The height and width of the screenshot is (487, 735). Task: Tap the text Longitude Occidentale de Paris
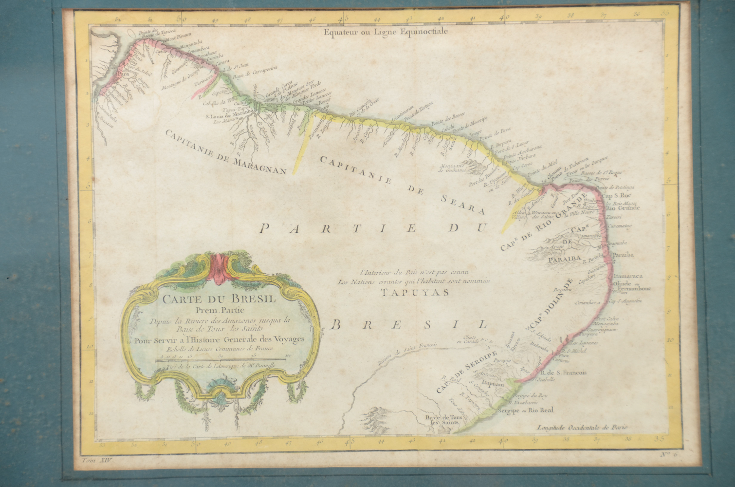click(583, 428)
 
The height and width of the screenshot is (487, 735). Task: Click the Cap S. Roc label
click(616, 197)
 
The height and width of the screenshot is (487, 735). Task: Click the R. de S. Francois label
click(563, 373)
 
